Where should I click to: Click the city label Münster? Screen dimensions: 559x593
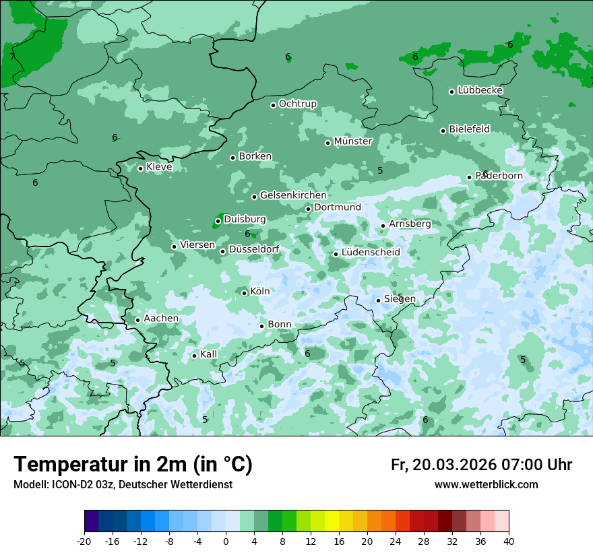point(353,141)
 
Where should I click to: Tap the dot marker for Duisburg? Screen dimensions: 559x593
point(218,221)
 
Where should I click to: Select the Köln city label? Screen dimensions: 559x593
point(260,292)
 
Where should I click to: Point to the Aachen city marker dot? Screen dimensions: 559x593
point(137,320)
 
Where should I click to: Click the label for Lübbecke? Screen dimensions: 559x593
point(480,90)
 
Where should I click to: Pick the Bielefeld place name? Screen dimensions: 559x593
point(469,129)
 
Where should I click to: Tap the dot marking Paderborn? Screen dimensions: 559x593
point(470,177)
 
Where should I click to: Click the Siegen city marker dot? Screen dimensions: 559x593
point(379,300)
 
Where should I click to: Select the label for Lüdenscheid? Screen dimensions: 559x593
point(371,253)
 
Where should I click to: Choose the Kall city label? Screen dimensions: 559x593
point(209,354)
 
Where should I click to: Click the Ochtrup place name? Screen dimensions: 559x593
point(298,104)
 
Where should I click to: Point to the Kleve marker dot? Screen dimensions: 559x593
point(140,168)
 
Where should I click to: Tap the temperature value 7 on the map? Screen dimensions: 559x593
point(12,57)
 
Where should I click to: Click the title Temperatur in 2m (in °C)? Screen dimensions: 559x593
point(133,465)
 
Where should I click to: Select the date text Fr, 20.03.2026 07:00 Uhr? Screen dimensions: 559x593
point(481,465)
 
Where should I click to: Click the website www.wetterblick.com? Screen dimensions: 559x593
point(486,485)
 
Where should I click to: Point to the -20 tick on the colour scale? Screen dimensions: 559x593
point(84,541)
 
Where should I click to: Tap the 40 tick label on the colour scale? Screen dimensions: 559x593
point(509,541)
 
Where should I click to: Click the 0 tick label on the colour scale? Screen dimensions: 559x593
point(226,541)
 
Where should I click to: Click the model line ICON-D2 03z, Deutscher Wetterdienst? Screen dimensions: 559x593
point(123,485)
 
